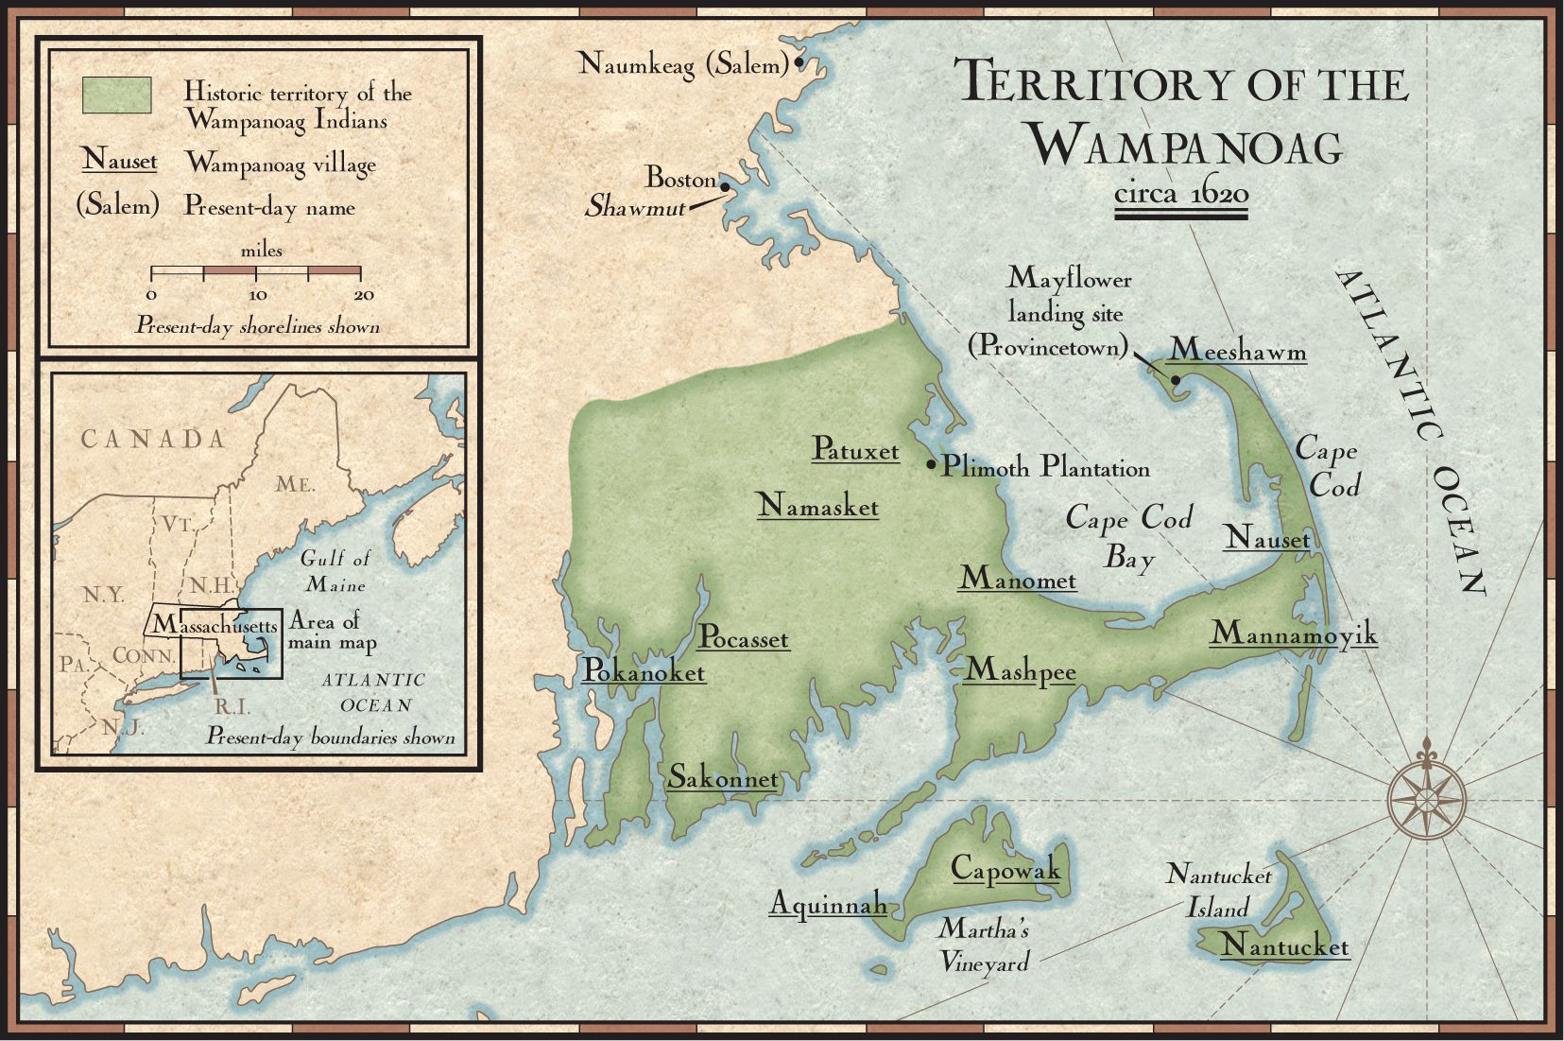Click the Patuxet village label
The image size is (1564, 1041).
click(x=855, y=450)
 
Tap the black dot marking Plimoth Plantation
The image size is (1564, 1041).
click(x=931, y=464)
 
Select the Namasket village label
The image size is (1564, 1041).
click(x=817, y=507)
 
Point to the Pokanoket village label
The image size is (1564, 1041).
click(x=644, y=670)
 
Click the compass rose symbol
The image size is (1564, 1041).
click(x=1427, y=799)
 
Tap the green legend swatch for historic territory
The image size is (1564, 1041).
click(x=117, y=95)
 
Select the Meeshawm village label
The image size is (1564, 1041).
click(x=1237, y=351)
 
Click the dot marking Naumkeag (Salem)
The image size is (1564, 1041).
click(x=799, y=63)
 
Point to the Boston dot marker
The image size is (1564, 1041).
click(x=725, y=186)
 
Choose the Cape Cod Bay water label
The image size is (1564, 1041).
click(x=1129, y=537)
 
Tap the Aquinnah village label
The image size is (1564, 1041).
click(x=828, y=904)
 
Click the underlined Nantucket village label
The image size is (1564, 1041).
click(x=1284, y=945)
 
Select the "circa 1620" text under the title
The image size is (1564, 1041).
click(x=1181, y=194)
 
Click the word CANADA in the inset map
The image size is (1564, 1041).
click(x=153, y=439)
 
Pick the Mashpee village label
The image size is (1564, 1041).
click(x=1020, y=670)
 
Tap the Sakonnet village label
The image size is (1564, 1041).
click(x=723, y=778)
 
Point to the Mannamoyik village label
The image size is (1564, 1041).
click(x=1293, y=633)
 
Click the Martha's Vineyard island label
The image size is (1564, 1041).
click(x=983, y=946)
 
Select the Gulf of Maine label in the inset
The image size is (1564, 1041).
click(x=335, y=571)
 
